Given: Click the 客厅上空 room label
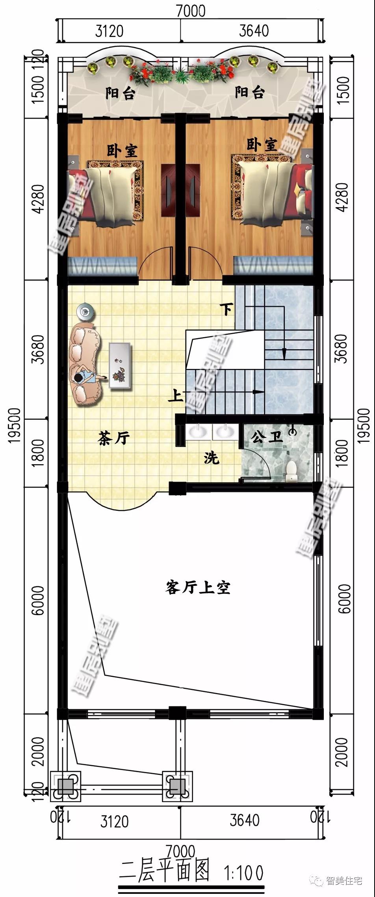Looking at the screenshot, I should click(x=198, y=588).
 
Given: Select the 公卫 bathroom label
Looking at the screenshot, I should click(x=267, y=436).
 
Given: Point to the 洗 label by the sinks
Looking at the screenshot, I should click(x=212, y=458).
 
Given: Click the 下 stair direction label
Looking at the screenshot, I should click(x=226, y=310).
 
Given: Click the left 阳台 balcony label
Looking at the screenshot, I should click(x=121, y=94).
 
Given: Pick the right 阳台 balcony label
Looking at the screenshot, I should click(x=249, y=93).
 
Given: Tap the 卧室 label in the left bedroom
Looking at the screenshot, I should click(x=122, y=151).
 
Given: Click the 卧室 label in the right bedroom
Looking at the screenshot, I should click(x=262, y=145).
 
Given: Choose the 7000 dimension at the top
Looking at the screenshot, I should click(x=191, y=11).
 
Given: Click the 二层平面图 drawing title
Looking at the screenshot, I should click(x=165, y=871).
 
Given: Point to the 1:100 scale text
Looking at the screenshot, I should click(x=244, y=873).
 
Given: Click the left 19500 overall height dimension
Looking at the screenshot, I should click(x=15, y=425).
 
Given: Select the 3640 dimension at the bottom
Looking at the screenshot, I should click(x=245, y=821).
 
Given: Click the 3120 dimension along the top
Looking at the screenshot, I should click(x=109, y=31).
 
